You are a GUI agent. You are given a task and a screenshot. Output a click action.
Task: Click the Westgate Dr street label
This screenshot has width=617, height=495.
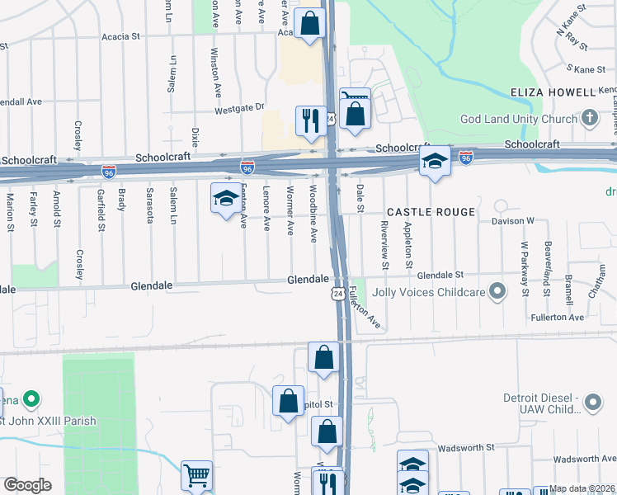point(238,107)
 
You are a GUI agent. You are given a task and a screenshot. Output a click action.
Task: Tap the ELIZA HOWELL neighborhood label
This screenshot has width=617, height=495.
point(552,92)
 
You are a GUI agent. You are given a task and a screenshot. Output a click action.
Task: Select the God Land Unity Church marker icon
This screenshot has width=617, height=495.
point(589,119)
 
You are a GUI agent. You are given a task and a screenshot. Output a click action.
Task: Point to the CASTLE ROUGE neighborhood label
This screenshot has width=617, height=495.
point(431,212)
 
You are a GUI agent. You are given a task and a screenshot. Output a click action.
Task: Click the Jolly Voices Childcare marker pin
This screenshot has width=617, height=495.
point(497,291)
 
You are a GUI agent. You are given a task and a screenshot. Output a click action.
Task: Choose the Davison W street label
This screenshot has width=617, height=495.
point(515,221)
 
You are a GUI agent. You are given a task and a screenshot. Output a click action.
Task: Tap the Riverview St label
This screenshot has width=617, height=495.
point(384,245)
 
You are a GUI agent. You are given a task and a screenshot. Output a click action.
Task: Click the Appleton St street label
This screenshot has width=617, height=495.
point(408,245)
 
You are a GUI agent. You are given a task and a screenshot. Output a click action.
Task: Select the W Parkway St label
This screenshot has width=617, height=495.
point(524,269)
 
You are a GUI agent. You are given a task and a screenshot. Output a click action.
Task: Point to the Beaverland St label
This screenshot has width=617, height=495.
point(547,261)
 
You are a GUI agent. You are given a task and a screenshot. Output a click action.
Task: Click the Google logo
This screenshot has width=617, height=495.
point(27,485)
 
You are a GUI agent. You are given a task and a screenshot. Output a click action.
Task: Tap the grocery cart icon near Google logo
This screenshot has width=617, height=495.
point(196,475)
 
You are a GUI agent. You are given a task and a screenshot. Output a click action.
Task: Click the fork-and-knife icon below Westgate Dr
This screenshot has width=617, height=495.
point(311,120)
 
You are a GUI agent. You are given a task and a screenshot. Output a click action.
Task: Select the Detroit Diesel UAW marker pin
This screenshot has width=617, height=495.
point(593,403)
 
